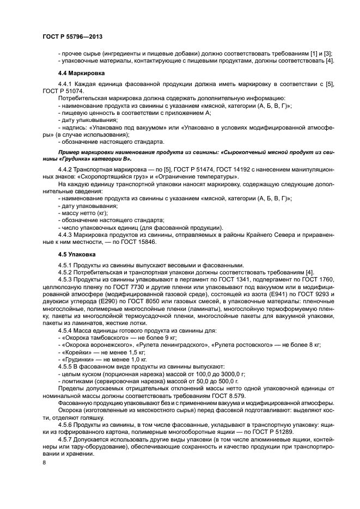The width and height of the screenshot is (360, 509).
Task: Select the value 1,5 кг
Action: (x=124, y=352)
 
